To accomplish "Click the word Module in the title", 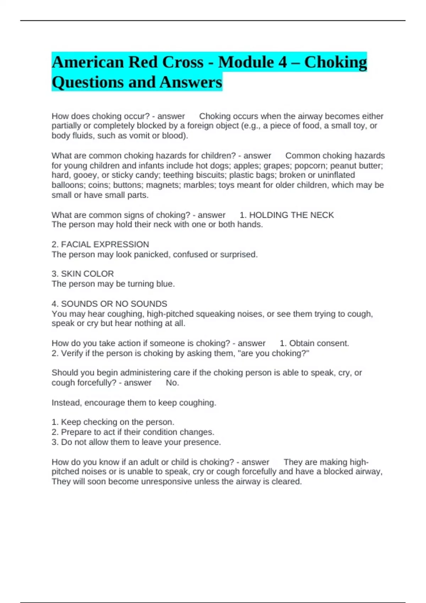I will coord(245,62).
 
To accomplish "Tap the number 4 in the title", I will coord(283,62).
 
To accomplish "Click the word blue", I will coord(165,284).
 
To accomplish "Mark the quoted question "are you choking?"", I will coord(275,353).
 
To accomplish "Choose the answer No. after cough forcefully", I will coord(173,383).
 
